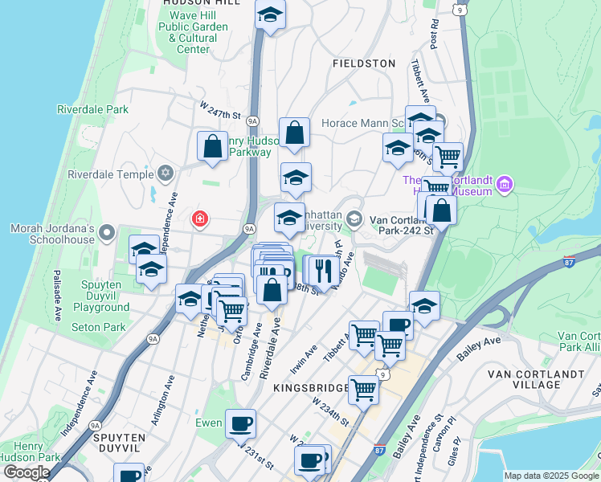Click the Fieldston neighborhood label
coord(364,63)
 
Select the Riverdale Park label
coord(93,109)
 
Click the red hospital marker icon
coord(198,219)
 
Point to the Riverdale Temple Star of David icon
coord(166,174)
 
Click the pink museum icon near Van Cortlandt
coord(504,186)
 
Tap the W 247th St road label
coord(220,110)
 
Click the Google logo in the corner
coord(26,472)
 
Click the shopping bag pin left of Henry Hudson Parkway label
coord(212,147)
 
